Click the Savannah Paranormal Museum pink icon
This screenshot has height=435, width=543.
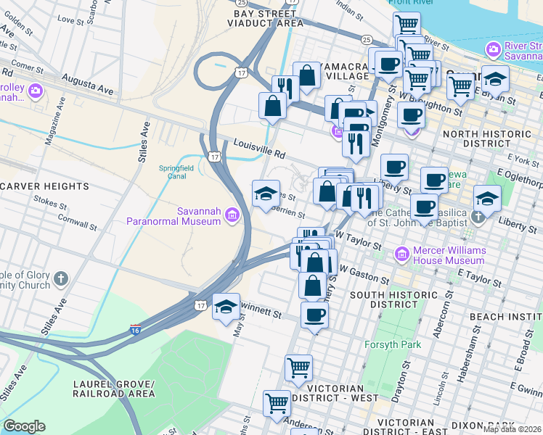click(x=232, y=215)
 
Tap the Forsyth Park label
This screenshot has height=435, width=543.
click(x=393, y=344)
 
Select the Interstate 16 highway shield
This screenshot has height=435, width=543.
click(x=136, y=330)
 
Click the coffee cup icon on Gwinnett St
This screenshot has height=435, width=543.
click(x=314, y=315)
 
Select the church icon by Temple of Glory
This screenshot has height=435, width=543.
click(x=61, y=279)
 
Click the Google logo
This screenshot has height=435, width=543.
click(x=24, y=426)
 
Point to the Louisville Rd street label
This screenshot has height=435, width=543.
click(x=258, y=149)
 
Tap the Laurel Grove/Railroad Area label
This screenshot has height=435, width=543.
click(x=113, y=389)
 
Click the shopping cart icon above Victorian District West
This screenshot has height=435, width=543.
click(x=298, y=368)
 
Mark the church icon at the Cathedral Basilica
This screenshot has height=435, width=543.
click(x=478, y=217)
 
